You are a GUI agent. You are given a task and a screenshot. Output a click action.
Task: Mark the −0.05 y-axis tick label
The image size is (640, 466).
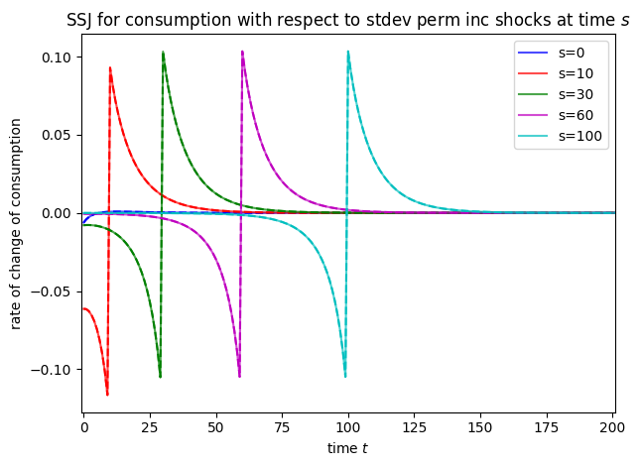pyautogui.click(x=56, y=291)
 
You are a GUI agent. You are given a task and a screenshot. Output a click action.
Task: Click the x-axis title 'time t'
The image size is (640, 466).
pyautogui.click(x=347, y=448)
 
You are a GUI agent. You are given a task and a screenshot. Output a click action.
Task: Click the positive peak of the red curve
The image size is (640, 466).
pyautogui.click(x=110, y=68)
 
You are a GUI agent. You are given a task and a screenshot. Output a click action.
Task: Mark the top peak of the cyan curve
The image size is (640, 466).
pyautogui.click(x=348, y=52)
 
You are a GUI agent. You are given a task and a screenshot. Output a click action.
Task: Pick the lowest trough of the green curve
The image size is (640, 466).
pyautogui.click(x=160, y=377)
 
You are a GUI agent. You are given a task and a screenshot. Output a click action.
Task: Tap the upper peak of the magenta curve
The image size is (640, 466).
pyautogui.click(x=242, y=52)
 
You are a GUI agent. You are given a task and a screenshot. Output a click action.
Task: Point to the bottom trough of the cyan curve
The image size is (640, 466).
pyautogui.click(x=345, y=377)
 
